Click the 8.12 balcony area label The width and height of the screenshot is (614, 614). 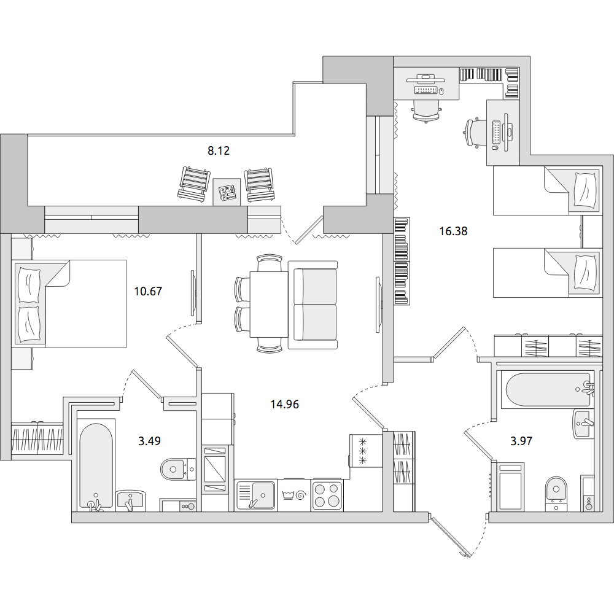tap(219, 150)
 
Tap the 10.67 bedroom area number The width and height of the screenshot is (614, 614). tap(148, 291)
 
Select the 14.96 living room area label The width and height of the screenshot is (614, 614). tap(285, 404)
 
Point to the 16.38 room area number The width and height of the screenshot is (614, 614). tap(453, 231)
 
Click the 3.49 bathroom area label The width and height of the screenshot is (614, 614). tap(150, 441)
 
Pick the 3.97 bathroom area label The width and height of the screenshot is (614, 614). tap(521, 441)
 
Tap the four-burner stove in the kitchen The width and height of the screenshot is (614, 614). tap(327, 495)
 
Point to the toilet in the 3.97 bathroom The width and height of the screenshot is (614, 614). tap(556, 494)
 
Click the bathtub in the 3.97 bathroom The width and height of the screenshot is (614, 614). tap(548, 390)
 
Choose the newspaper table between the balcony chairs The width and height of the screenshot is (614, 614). tap(227, 192)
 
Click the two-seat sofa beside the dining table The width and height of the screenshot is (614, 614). tap(313, 305)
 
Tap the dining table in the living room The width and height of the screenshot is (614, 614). tap(269, 305)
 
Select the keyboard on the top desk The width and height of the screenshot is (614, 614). tap(426, 90)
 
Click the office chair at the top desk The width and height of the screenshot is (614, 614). tap(427, 111)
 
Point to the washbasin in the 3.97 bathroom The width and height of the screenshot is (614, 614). tap(583, 423)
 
